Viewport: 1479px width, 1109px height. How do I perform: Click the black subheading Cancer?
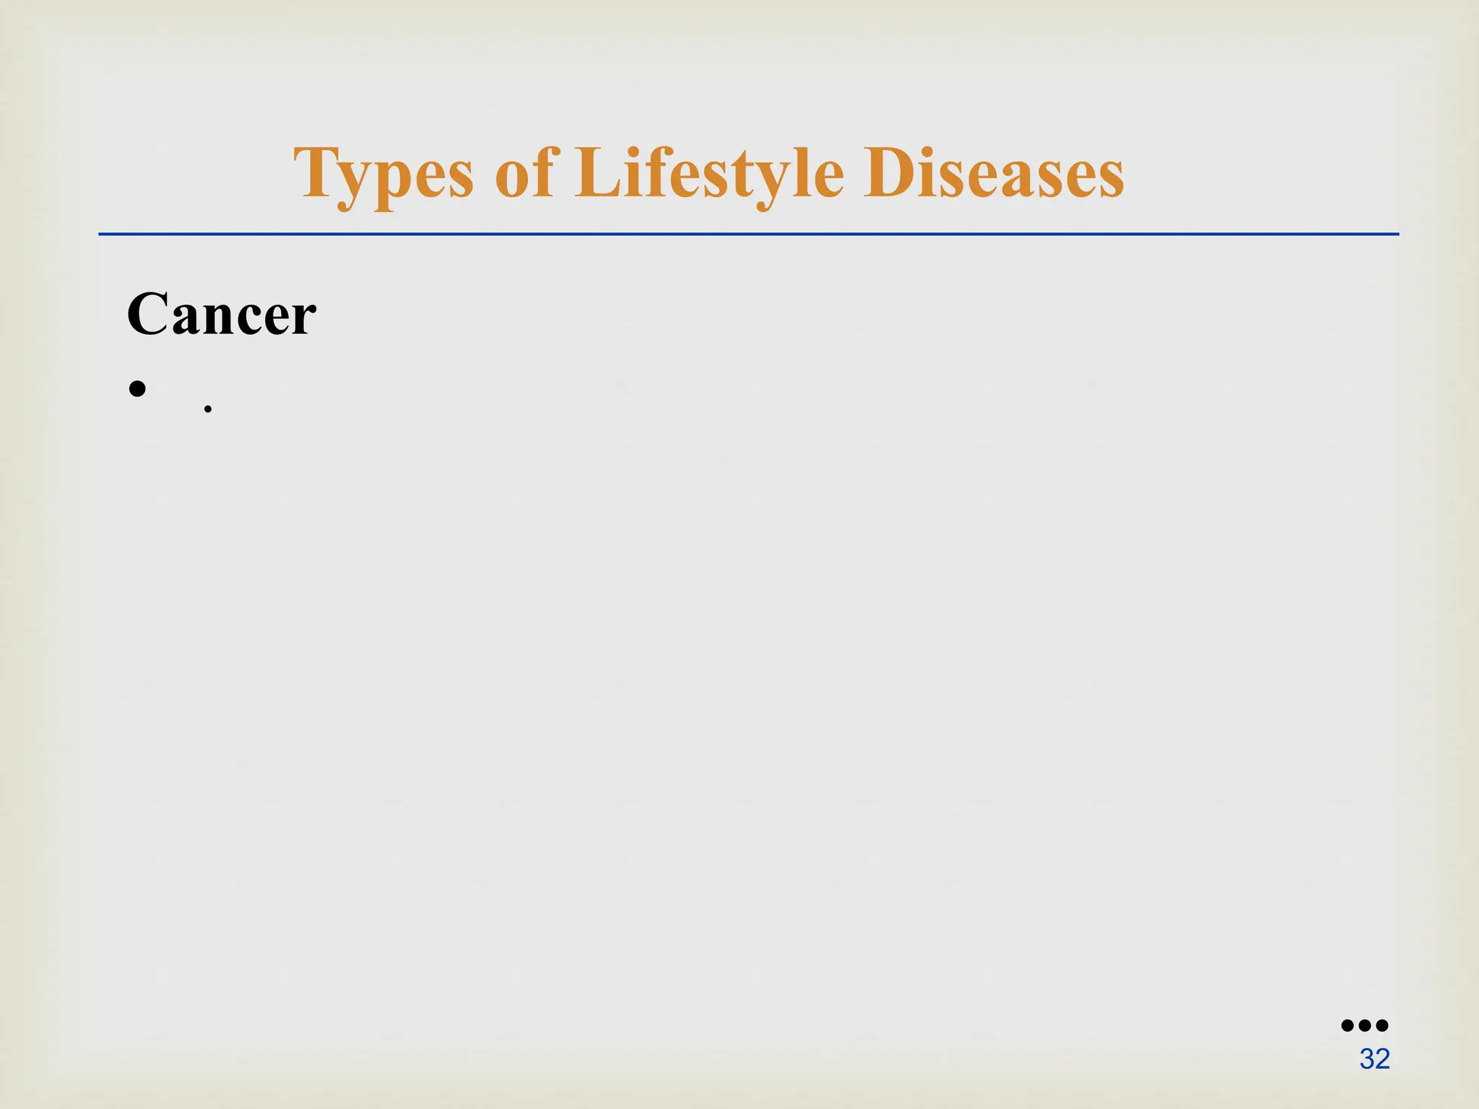tap(222, 315)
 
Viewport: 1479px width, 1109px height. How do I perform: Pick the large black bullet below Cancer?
tap(137, 389)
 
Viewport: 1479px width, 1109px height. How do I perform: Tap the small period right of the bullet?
tap(208, 409)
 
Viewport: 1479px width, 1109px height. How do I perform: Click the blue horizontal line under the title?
tap(748, 234)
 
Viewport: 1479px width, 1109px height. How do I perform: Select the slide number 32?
tap(1374, 1059)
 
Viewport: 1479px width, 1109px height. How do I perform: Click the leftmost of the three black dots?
tap(1348, 1025)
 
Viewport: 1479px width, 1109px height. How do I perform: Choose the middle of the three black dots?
tap(1365, 1025)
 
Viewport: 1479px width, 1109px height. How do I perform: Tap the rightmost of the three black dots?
tap(1382, 1025)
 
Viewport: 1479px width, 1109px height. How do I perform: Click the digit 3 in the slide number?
tap(1367, 1059)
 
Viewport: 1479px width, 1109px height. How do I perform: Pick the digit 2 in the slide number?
tap(1382, 1059)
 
